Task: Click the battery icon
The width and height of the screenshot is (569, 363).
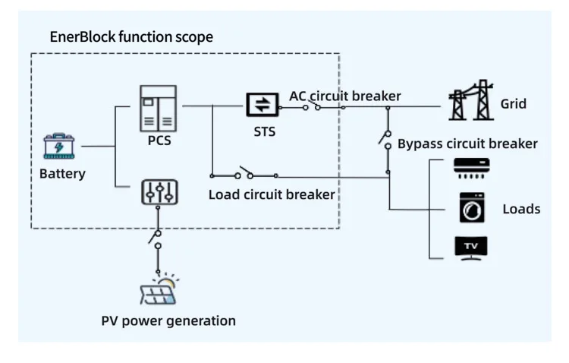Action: pos(59,146)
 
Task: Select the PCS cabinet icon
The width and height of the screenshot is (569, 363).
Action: pos(158,108)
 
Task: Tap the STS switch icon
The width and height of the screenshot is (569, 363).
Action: pos(262,106)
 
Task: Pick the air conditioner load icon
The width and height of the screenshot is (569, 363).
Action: pos(471,167)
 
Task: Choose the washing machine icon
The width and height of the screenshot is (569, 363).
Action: pos(471,207)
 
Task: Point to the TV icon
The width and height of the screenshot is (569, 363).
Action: pos(470,248)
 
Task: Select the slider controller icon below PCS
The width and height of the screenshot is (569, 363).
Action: pos(159,193)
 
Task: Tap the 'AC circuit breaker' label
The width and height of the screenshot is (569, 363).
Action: pos(344,96)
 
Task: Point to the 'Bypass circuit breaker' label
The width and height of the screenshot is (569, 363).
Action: pos(467,144)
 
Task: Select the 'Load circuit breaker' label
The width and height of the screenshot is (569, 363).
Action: pos(272,194)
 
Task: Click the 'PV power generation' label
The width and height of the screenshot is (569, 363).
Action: pos(168,320)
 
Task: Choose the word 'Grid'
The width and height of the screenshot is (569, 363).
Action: pos(513,103)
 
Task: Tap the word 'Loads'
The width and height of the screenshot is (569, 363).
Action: pos(521,208)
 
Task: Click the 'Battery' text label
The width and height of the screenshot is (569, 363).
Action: pos(62,174)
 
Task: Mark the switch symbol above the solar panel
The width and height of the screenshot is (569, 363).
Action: pos(156,236)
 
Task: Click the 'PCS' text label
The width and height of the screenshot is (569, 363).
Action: pos(158,140)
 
